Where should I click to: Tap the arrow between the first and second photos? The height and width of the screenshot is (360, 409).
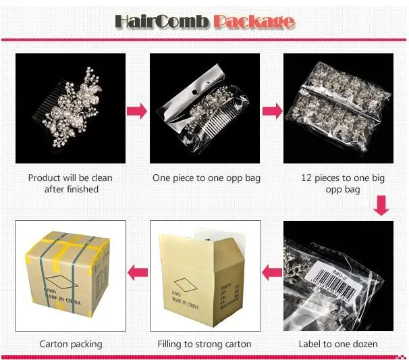137,110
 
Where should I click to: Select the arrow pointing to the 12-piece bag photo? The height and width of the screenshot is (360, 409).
271,110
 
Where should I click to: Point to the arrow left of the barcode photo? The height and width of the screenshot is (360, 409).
271,273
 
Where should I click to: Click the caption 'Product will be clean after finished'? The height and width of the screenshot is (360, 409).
70,184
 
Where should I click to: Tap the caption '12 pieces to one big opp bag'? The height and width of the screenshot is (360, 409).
338,184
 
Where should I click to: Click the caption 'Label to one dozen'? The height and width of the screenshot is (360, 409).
338,344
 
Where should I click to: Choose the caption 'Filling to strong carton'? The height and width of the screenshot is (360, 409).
204,344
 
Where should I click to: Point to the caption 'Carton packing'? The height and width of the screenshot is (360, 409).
71,344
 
